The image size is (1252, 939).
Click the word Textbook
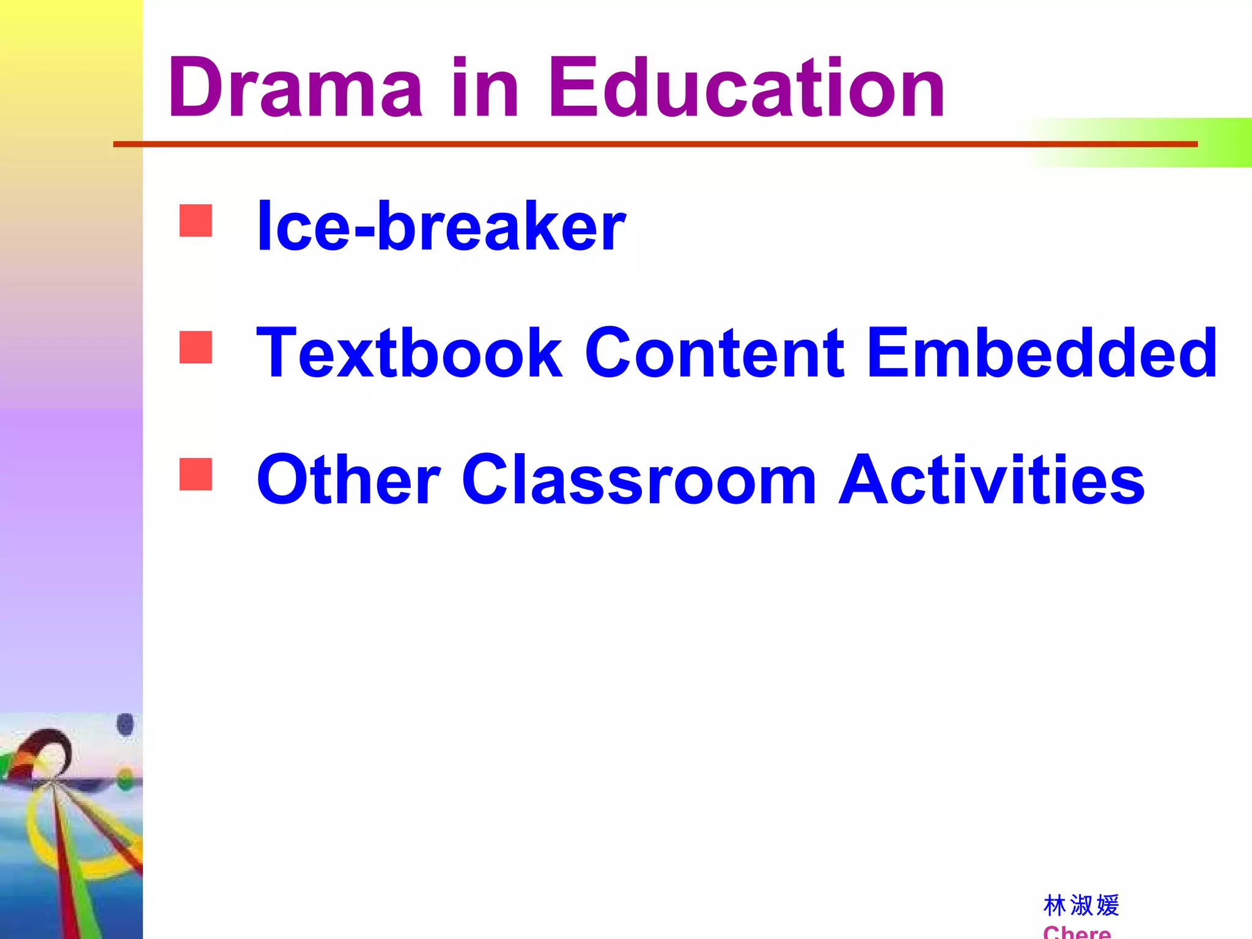[409, 353]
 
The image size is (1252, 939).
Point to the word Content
[715, 353]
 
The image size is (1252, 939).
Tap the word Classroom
[639, 480]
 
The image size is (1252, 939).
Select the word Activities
[991, 480]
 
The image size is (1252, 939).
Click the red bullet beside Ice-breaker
[196, 221]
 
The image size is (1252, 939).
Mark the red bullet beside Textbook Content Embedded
[196, 347]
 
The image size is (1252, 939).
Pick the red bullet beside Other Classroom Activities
[196, 474]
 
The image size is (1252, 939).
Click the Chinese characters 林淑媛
[1081, 905]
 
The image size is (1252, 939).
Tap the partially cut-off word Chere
[1077, 932]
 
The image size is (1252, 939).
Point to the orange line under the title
[611, 144]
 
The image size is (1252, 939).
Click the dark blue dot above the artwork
[125, 725]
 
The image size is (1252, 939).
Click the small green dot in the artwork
[125, 779]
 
